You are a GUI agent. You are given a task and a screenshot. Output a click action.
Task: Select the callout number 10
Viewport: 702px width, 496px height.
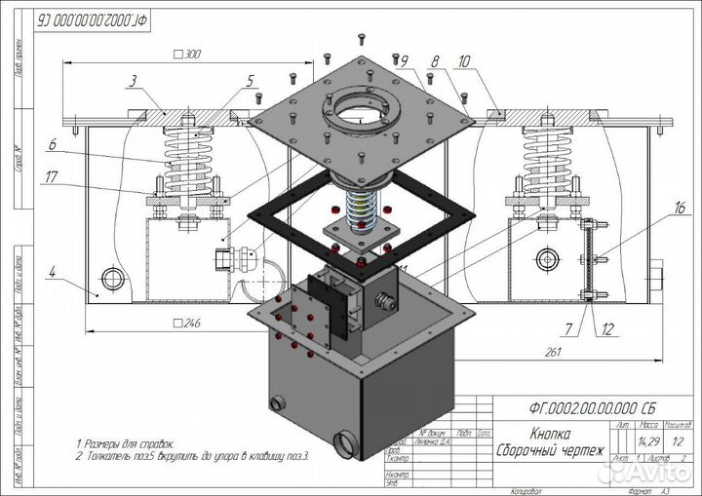(x=462, y=60)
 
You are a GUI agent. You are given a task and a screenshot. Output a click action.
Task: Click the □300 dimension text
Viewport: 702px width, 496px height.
(x=185, y=56)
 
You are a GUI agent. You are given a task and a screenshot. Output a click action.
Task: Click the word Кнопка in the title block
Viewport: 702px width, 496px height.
(x=550, y=436)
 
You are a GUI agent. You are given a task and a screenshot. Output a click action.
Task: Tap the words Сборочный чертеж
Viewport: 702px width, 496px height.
(x=550, y=451)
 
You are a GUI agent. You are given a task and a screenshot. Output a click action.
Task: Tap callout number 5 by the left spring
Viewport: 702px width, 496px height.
(x=251, y=80)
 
